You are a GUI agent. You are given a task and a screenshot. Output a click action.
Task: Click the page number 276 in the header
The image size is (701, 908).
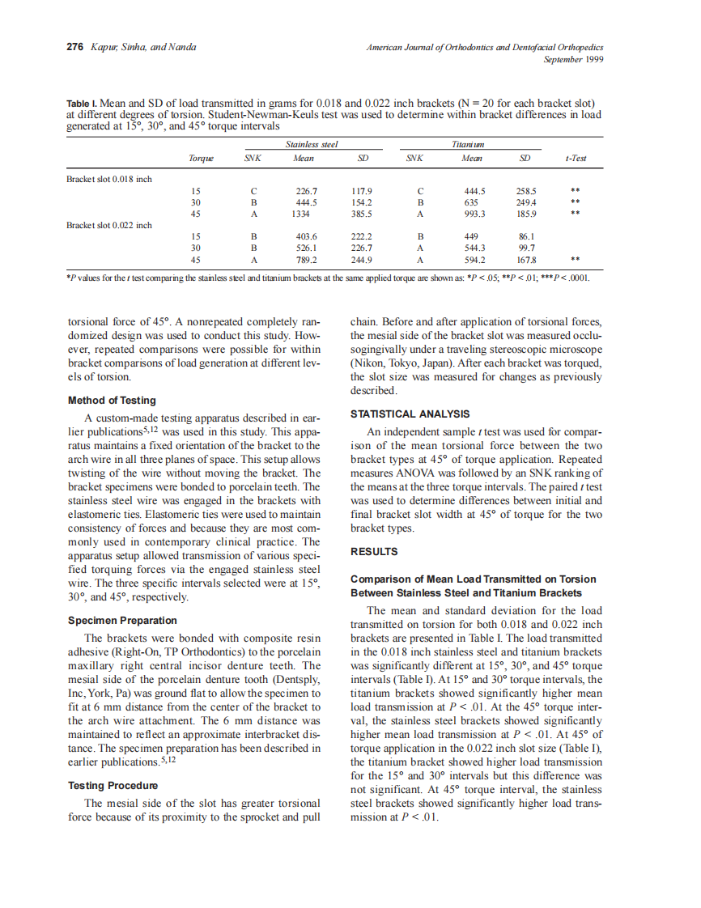[x=75, y=48]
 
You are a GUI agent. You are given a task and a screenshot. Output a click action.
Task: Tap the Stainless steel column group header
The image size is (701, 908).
[x=311, y=144]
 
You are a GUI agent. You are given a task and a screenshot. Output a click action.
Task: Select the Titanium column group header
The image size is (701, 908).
[x=468, y=144]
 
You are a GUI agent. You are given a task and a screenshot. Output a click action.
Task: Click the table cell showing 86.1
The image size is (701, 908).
[x=528, y=237]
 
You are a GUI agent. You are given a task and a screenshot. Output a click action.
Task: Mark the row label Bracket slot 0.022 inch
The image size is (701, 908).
[x=108, y=225]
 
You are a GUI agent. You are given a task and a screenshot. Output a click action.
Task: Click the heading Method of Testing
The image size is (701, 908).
[x=112, y=401]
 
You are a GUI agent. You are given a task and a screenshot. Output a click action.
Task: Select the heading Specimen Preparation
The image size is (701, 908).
[x=122, y=621]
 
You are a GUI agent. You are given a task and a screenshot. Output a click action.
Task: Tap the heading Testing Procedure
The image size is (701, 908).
[x=113, y=786]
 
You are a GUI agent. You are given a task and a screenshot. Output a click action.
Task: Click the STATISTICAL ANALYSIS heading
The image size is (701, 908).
[x=410, y=414]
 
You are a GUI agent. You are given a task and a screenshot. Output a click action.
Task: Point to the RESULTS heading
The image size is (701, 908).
[x=374, y=552]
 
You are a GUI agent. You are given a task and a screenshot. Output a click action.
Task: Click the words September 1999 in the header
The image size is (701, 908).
[x=573, y=59]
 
